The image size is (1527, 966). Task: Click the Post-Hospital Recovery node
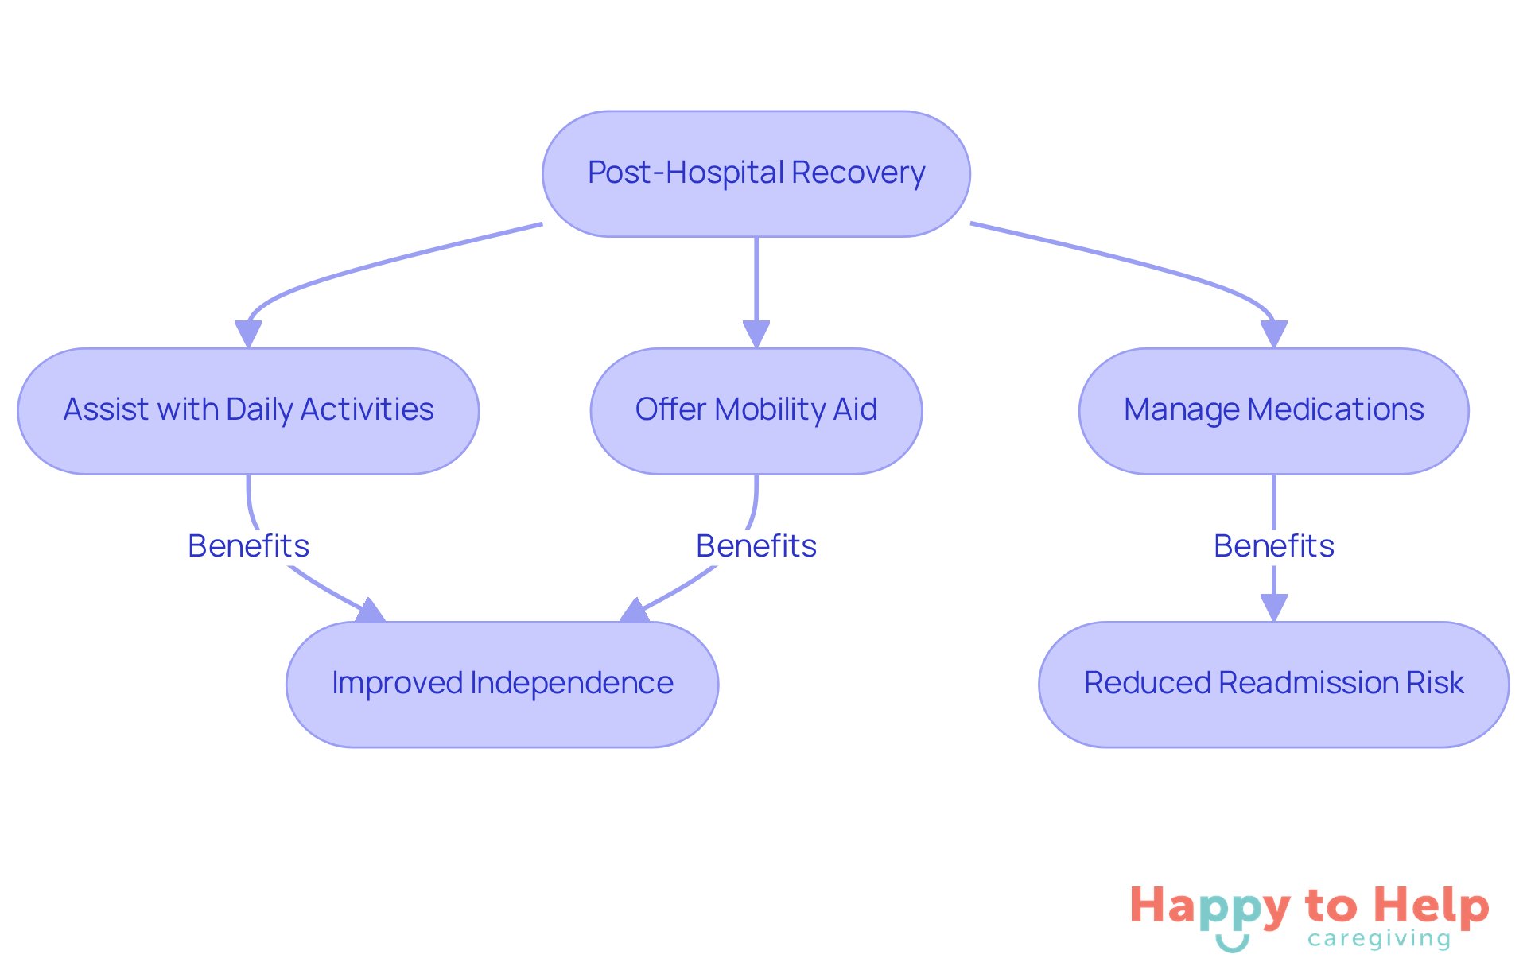click(x=756, y=173)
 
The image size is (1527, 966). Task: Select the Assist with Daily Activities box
click(x=248, y=410)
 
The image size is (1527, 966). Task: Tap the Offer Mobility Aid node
click(x=756, y=410)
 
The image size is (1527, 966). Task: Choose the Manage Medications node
click(x=1273, y=410)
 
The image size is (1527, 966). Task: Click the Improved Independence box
click(x=502, y=684)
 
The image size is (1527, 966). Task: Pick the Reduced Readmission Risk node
click(x=1273, y=684)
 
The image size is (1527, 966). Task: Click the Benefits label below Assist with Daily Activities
click(x=248, y=546)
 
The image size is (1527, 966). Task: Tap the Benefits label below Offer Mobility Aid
click(x=756, y=546)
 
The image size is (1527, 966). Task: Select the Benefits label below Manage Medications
click(x=1273, y=546)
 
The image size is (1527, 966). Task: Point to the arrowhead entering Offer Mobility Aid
click(x=756, y=333)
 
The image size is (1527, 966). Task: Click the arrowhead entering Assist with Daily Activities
click(x=248, y=333)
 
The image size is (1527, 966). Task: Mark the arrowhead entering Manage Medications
click(x=1273, y=333)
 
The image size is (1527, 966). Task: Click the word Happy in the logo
click(x=1210, y=907)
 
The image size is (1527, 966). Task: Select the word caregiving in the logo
click(x=1378, y=939)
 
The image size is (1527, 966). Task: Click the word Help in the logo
click(x=1432, y=907)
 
